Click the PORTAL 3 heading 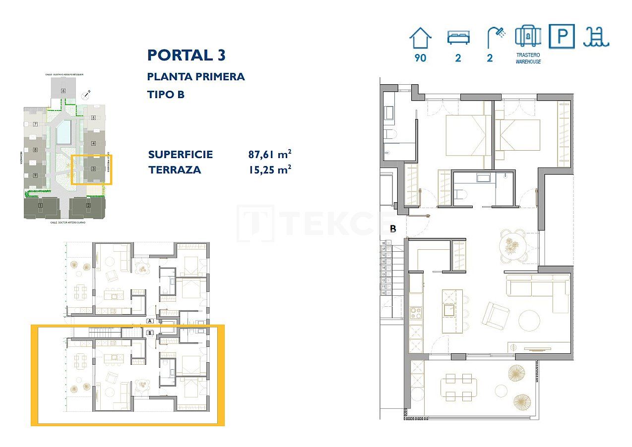click(x=187, y=55)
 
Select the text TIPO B click(x=166, y=94)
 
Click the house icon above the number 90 click(x=420, y=38)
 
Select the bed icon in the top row click(x=458, y=38)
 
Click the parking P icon click(x=562, y=37)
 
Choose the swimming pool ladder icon click(x=596, y=37)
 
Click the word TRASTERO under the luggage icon click(x=528, y=55)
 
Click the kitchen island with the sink click(x=452, y=311)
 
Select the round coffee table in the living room click(x=529, y=321)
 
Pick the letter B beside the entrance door click(x=393, y=229)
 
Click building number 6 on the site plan click(x=63, y=91)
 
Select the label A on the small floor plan click(x=150, y=321)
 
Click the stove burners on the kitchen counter click(x=416, y=313)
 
